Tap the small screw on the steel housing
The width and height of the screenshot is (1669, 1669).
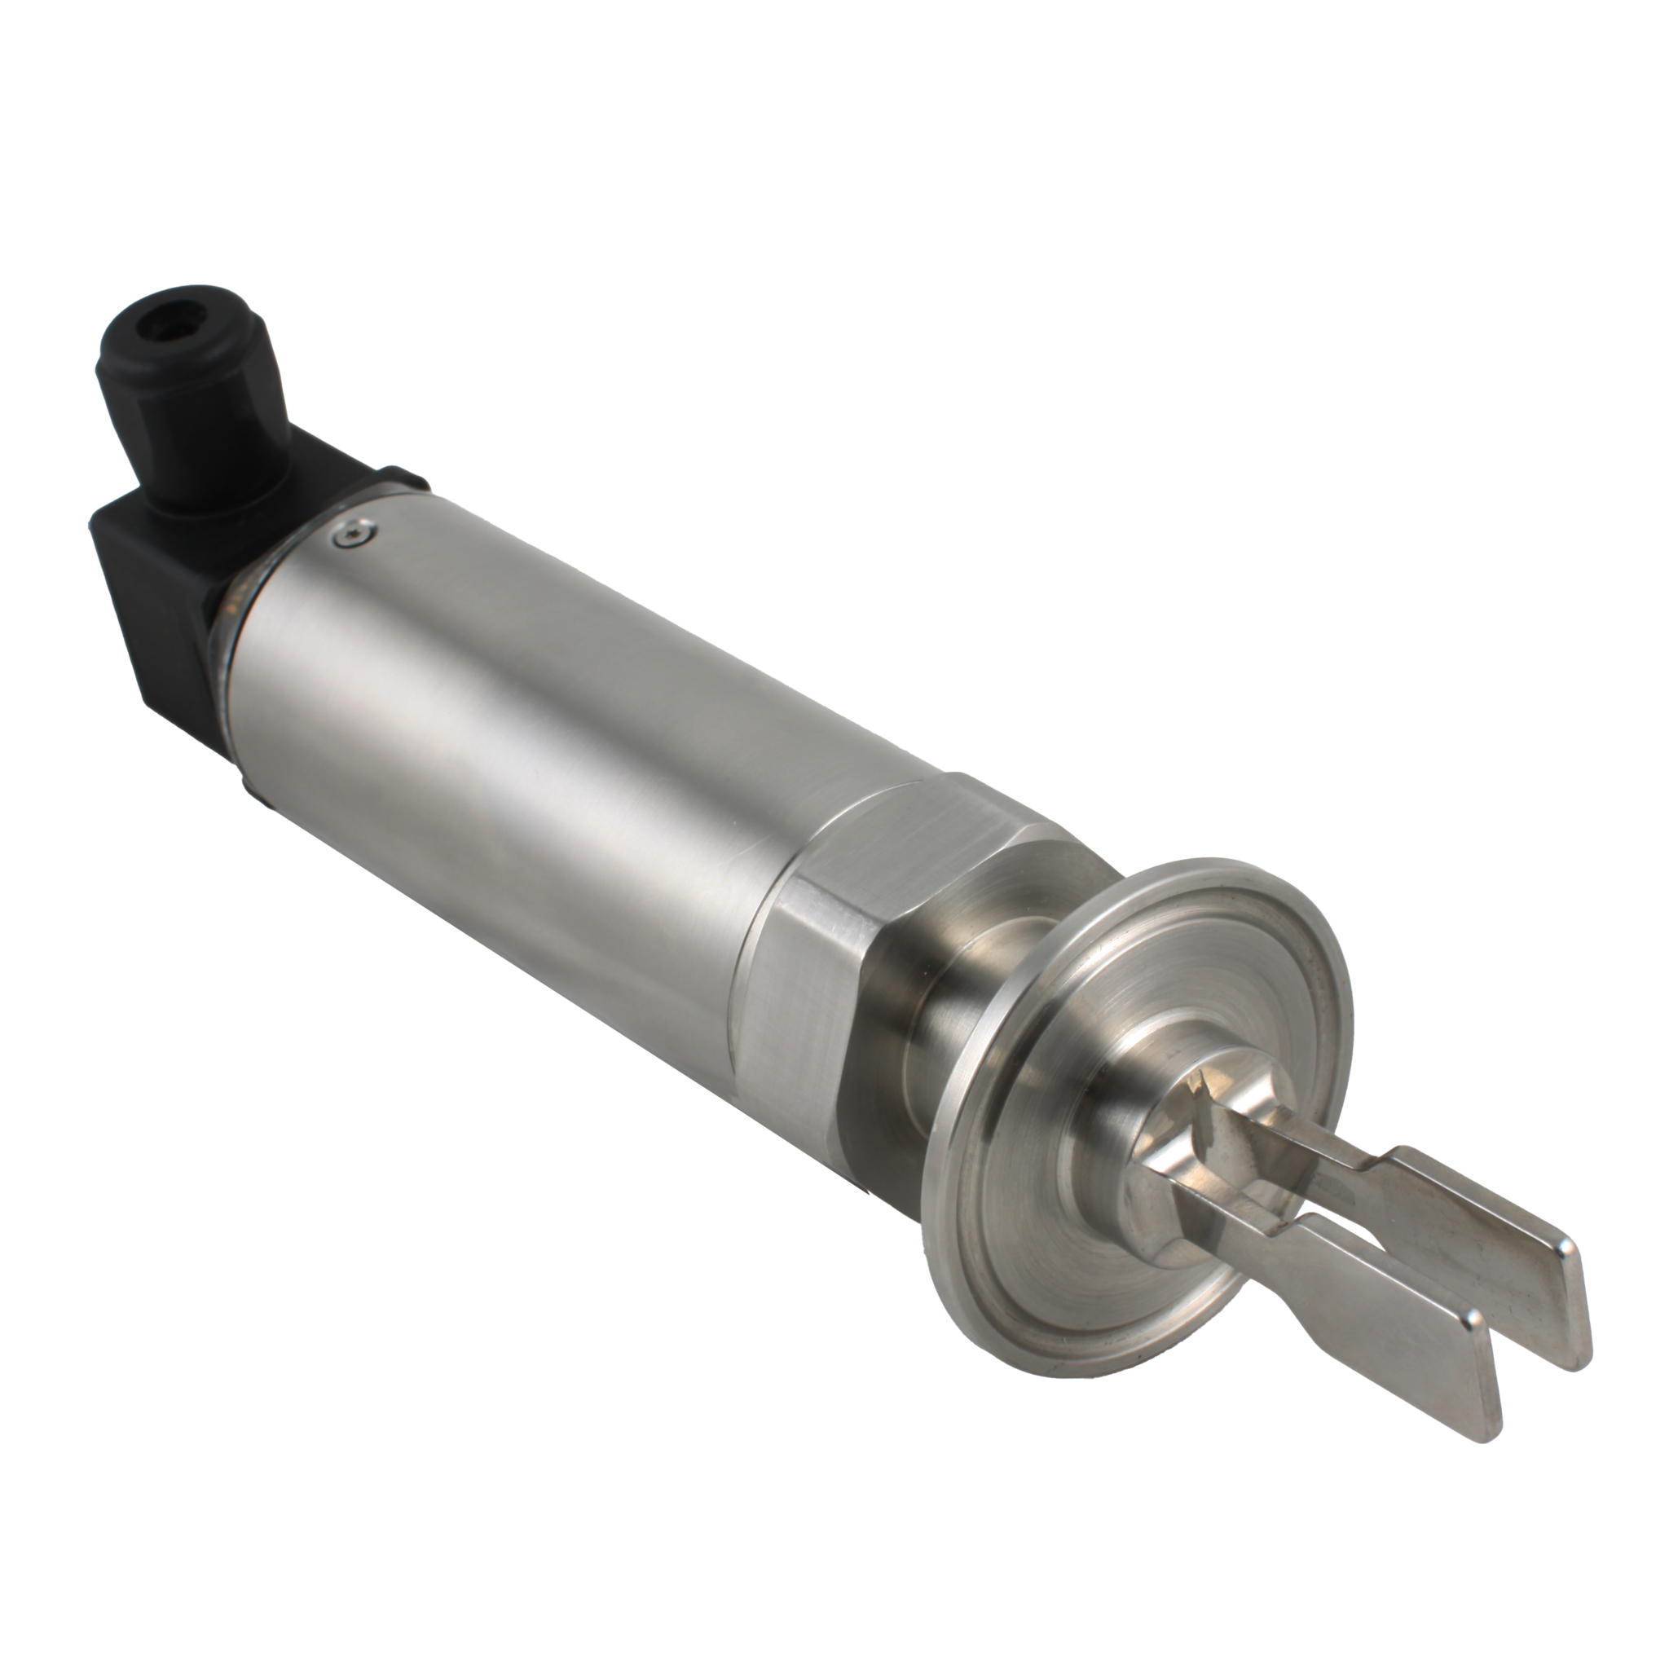click(x=355, y=536)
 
